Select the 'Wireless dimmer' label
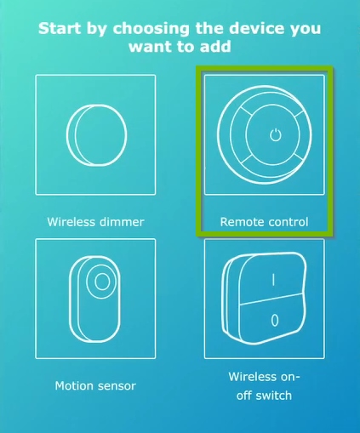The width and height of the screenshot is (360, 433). (x=95, y=222)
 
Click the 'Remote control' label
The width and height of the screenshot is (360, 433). (x=264, y=222)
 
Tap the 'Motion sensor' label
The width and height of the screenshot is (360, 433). (x=95, y=385)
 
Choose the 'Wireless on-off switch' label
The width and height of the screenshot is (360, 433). (x=264, y=385)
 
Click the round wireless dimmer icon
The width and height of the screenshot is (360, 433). (x=96, y=134)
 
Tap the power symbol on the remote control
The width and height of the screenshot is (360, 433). (x=273, y=134)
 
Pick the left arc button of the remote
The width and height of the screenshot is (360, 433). (x=233, y=134)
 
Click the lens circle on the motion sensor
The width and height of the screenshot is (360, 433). (x=101, y=282)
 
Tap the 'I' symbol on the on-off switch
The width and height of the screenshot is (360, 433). (x=273, y=278)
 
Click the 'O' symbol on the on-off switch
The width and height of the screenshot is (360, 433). (x=273, y=321)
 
